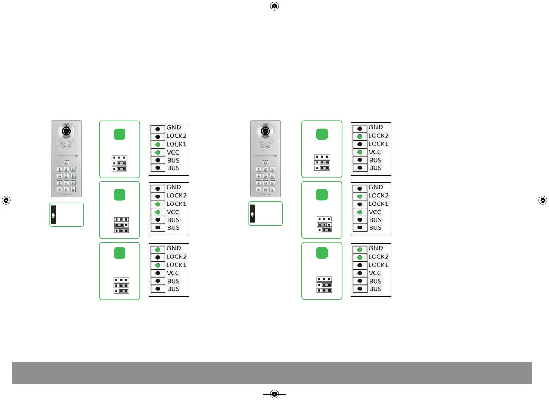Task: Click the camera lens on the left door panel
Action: click(66, 131)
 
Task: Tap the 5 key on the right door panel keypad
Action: click(265, 176)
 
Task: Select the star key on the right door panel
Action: click(259, 189)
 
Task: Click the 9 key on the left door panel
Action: click(73, 183)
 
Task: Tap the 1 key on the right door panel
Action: click(259, 169)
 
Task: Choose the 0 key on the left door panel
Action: click(66, 189)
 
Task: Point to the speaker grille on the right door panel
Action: click(265, 144)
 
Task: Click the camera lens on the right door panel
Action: click(265, 131)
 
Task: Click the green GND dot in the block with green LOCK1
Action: click(157, 250)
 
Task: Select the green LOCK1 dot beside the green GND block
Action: click(157, 265)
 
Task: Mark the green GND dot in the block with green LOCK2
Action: click(360, 250)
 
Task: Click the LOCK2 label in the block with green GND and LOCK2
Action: click(378, 257)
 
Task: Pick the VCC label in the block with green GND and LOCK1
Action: click(173, 273)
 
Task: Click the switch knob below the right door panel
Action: click(252, 214)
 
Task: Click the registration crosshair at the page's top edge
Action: click(274, 6)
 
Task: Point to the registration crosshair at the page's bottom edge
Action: click(274, 394)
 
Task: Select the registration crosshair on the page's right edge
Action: click(543, 200)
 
